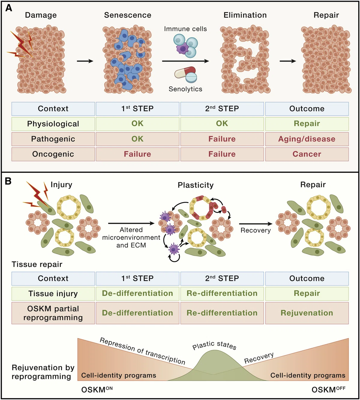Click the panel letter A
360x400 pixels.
point(9,8)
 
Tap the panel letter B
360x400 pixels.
point(8,181)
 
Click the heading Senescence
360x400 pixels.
point(128,15)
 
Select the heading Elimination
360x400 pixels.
point(245,15)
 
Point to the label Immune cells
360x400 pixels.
point(185,29)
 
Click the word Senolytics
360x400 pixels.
point(185,89)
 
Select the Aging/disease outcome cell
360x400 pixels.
point(307,139)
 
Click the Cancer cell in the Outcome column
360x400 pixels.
point(307,154)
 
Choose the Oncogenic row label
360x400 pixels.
point(53,154)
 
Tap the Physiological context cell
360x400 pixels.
point(53,124)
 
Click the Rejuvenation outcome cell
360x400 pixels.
point(307,313)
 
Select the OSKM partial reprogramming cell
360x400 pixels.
point(53,313)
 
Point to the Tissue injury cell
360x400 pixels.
point(53,293)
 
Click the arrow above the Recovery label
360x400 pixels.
point(256,224)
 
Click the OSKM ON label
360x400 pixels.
point(97,389)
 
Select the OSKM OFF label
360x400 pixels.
point(328,389)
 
